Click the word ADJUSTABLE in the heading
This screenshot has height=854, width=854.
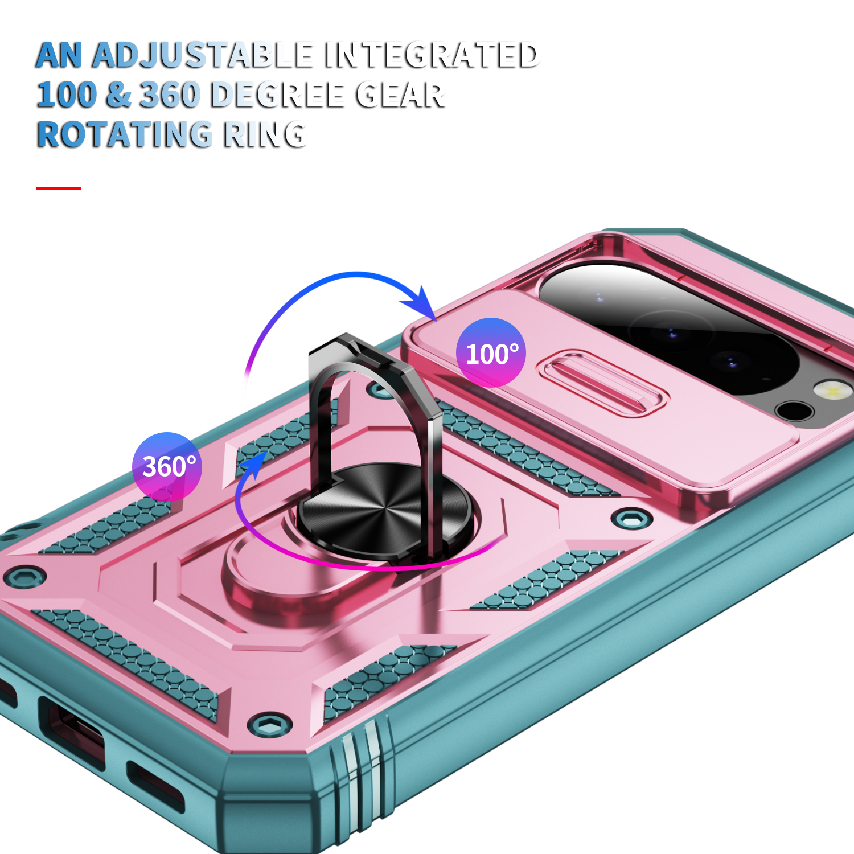click(202, 56)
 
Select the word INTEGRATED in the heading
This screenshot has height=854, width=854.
click(432, 56)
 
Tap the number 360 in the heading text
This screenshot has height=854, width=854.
click(170, 95)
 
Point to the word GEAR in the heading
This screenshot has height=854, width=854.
click(400, 95)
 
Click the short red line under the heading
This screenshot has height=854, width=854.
click(59, 188)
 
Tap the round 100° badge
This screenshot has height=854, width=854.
click(491, 353)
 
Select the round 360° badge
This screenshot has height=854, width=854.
click(167, 467)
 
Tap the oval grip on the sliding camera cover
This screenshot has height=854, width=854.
click(602, 382)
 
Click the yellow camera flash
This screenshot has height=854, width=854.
click(833, 391)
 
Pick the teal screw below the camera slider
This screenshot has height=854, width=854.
click(633, 519)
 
